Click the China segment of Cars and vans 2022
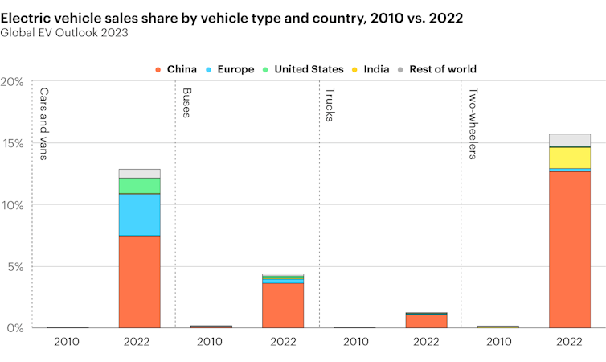tap(139, 282)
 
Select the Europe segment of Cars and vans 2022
tap(139, 215)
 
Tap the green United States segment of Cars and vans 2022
tap(139, 186)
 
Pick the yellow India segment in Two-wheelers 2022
tap(569, 158)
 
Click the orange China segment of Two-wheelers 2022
tap(569, 249)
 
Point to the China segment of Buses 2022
tap(283, 305)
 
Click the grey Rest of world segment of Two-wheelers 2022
tap(569, 140)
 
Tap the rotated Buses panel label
tap(186, 103)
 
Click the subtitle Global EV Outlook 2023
tap(63, 32)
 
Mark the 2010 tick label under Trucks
tap(354, 341)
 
